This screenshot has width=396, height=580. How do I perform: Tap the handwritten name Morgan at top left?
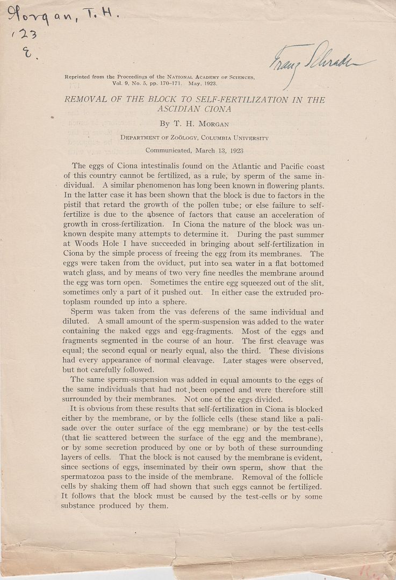pos(43,19)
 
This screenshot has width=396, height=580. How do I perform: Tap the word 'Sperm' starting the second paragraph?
pos(83,312)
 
